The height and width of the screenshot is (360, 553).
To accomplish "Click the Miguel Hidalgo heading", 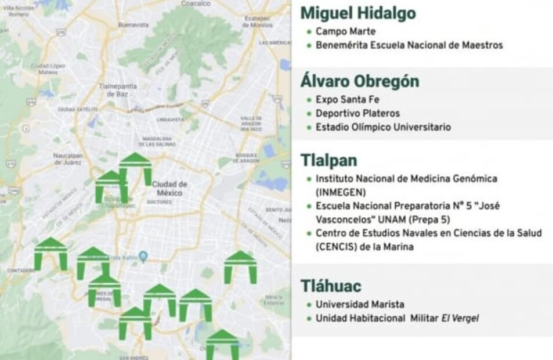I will tap(358, 13).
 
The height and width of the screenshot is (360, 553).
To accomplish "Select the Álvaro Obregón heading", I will tap(359, 81).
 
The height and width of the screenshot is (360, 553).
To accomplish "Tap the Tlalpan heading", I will tap(328, 160).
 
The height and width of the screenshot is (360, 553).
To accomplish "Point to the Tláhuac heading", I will tap(331, 286).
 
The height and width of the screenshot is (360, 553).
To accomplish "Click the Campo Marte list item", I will tap(345, 31).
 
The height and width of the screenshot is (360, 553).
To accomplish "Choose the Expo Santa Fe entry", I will tap(347, 99).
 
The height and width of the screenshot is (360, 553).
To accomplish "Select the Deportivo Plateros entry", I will tap(357, 113).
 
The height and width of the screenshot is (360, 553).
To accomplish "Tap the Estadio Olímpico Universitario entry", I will tap(383, 127).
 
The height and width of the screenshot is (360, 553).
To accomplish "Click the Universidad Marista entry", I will tap(360, 304).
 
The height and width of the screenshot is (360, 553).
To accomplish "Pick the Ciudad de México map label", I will tap(168, 188).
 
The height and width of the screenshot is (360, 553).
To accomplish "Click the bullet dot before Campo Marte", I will tap(309, 31).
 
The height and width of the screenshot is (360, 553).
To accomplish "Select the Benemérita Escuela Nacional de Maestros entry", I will tap(409, 45).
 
